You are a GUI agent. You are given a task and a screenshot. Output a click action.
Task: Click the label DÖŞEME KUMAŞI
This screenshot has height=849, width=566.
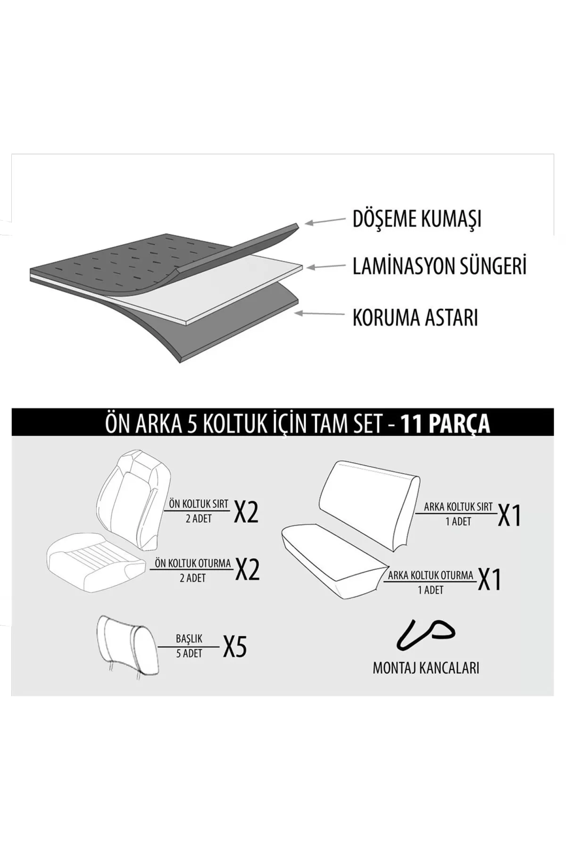point(417,219)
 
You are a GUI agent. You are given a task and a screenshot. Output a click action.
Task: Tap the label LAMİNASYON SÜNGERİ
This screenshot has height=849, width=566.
point(439,266)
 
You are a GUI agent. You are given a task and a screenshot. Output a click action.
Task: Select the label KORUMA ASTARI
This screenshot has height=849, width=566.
point(415,317)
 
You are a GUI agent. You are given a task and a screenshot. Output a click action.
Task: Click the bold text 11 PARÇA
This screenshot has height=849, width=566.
point(445,424)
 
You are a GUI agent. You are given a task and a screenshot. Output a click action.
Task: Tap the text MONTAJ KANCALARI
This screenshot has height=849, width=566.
point(426,668)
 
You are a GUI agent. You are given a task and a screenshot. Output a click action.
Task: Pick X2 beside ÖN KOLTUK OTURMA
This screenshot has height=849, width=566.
point(247,569)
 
